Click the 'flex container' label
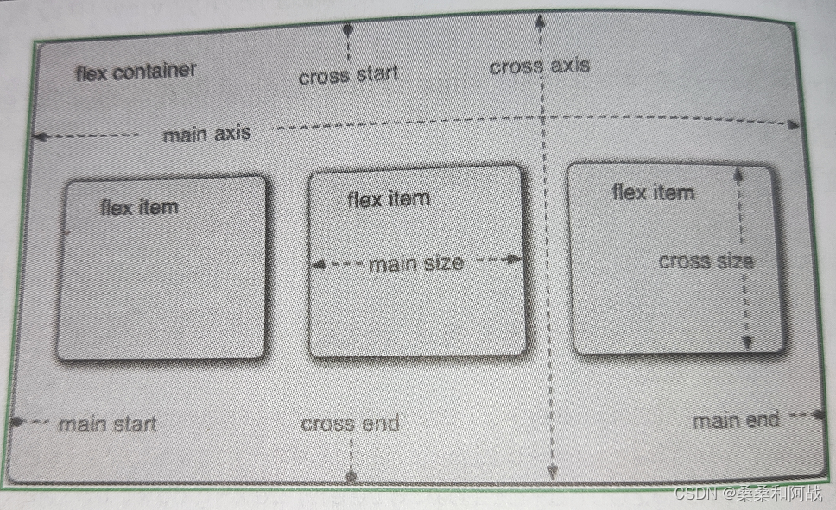136,71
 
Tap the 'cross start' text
349,76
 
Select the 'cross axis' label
539,66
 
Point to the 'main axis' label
206,134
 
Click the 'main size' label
416,263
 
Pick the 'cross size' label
706,261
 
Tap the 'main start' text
107,424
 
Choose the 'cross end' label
350,424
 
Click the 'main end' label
736,420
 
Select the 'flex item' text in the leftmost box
139,207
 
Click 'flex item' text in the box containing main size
388,199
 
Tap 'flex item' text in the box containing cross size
652,192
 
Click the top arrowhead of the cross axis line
539,19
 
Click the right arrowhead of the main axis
792,125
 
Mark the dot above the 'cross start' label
348,29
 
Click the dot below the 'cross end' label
351,475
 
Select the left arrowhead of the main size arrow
317,266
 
